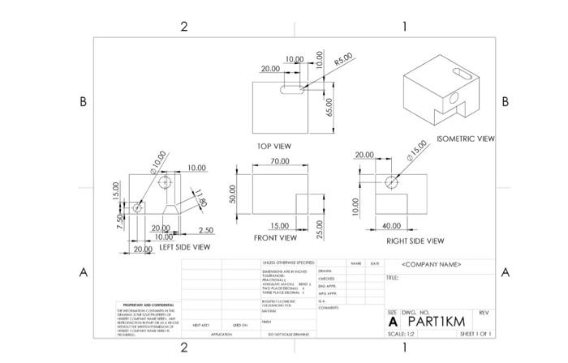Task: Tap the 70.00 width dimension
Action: (x=279, y=162)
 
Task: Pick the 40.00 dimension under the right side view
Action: (x=391, y=225)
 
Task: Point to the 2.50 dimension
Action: (x=205, y=230)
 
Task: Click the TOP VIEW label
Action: (x=274, y=147)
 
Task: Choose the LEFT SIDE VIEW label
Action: (x=184, y=247)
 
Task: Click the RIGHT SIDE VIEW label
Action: (x=415, y=241)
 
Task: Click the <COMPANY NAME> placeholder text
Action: (x=432, y=265)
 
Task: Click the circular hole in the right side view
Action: (x=392, y=181)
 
